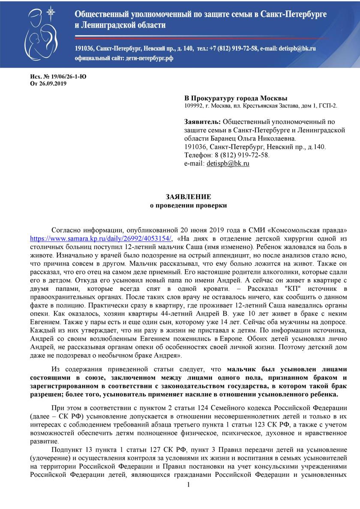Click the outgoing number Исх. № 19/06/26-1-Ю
[57, 77]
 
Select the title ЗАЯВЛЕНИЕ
[188, 197]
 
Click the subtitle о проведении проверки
[188, 205]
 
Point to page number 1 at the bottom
[188, 497]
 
